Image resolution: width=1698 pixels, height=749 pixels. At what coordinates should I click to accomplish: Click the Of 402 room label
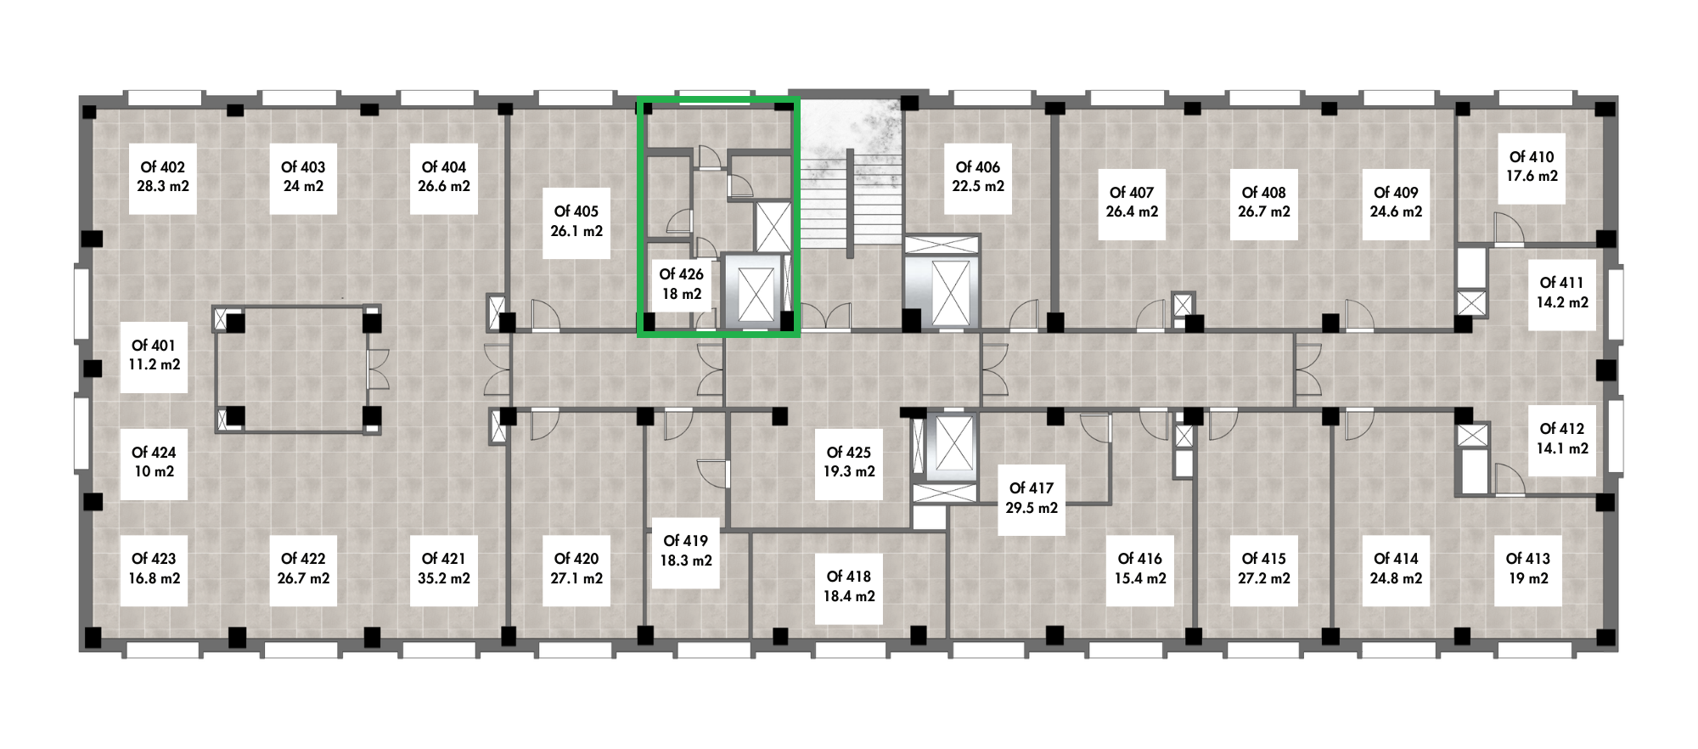click(163, 177)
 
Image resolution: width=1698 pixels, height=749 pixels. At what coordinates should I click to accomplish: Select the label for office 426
click(682, 284)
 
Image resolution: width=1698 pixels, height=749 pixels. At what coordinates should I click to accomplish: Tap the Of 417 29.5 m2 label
click(1032, 498)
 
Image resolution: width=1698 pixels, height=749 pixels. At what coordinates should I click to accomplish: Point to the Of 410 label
click(1532, 167)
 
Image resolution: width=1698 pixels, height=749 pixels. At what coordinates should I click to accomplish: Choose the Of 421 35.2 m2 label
click(444, 569)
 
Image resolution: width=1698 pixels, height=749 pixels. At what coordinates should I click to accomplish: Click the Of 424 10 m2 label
click(154, 462)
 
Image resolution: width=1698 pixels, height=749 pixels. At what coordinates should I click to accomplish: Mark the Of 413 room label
click(1528, 569)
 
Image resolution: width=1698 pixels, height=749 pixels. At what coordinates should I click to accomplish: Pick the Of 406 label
click(978, 177)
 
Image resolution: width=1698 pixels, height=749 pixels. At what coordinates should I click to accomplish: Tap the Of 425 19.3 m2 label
click(849, 462)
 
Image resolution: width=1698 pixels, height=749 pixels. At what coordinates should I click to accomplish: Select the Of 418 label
click(849, 587)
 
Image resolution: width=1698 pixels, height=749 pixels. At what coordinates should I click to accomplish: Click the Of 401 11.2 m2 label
click(154, 355)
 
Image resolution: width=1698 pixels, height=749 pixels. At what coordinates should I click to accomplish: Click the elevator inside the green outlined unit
click(756, 292)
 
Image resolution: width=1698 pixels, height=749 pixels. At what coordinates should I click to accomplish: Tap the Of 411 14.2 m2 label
click(1562, 292)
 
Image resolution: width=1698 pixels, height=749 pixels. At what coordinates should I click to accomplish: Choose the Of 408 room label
click(1264, 202)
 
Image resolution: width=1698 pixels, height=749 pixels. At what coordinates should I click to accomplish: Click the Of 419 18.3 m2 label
click(687, 551)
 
